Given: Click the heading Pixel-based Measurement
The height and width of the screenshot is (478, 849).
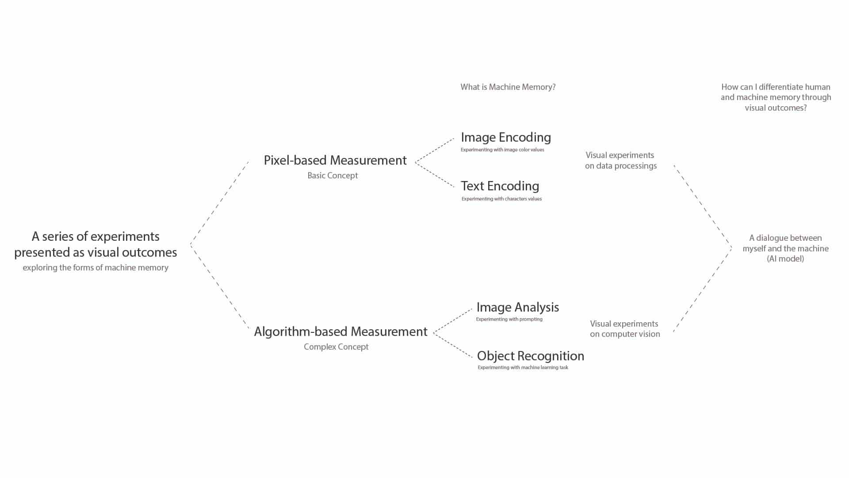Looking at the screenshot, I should (335, 160).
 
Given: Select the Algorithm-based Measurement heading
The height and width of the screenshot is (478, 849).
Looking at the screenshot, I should (340, 332).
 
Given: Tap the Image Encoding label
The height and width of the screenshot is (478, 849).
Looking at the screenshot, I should (506, 137).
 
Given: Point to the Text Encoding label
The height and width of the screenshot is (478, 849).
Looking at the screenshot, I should (500, 186).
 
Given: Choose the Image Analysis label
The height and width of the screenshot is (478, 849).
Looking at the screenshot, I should (517, 307).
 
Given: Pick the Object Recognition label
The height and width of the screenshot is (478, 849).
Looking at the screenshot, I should (530, 356).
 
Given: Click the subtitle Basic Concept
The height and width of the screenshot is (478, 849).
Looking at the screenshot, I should (333, 176).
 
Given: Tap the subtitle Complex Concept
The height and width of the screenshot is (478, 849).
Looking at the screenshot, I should (336, 347).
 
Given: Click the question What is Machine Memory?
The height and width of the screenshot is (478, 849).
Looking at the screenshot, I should (508, 87).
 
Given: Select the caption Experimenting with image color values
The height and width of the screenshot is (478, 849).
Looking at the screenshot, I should (502, 150).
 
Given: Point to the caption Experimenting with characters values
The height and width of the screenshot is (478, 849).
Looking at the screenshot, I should (501, 199).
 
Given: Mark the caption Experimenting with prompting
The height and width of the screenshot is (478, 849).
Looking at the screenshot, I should (509, 320).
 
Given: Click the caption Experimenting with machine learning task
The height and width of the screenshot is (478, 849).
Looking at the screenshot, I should (523, 368).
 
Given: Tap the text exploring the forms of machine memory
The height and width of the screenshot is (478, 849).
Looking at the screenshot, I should (96, 268).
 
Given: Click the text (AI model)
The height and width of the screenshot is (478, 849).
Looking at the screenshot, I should (785, 259).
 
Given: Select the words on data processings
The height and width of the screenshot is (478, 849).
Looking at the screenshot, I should (621, 166).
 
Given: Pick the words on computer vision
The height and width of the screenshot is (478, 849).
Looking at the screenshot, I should (625, 334).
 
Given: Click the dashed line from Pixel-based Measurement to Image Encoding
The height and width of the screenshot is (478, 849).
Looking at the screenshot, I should (435, 150).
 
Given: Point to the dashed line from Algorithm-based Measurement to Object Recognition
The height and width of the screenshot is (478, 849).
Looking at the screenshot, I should (453, 345).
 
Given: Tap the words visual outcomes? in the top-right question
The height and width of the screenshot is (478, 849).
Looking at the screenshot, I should (776, 108).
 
